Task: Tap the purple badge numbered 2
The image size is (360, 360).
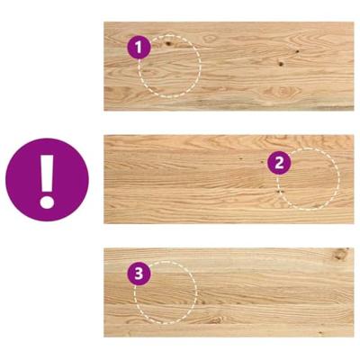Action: (x=279, y=162)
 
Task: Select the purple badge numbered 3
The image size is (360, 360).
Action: (x=139, y=271)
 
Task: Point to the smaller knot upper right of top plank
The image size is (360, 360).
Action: (x=298, y=50)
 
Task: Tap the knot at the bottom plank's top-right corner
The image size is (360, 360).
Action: (x=340, y=256)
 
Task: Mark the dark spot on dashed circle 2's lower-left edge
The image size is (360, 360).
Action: (x=280, y=190)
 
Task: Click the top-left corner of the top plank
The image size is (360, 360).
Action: (x=104, y=23)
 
